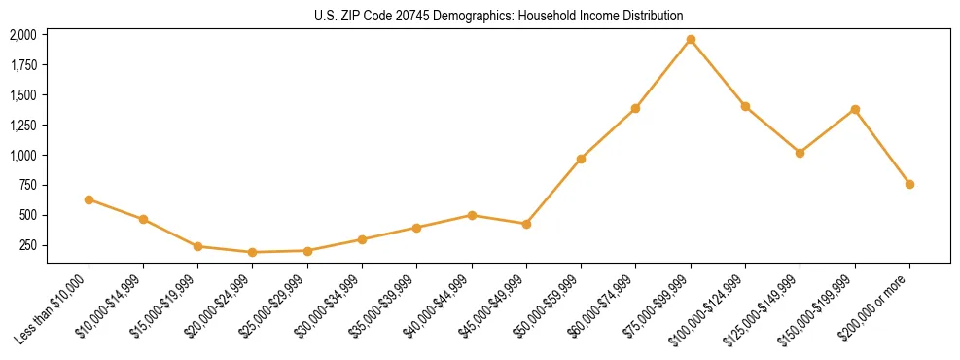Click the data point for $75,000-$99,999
pyautogui.click(x=691, y=40)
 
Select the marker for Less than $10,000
pyautogui.click(x=89, y=199)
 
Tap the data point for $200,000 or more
pyautogui.click(x=909, y=184)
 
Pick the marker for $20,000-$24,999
pyautogui.click(x=253, y=252)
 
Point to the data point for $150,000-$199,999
pyautogui.click(x=855, y=109)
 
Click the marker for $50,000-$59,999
pyautogui.click(x=581, y=159)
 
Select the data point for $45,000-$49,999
pyautogui.click(x=526, y=224)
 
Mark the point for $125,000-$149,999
pyautogui.click(x=800, y=153)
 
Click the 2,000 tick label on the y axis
pyautogui.click(x=23, y=35)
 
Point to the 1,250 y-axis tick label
pyautogui.click(x=23, y=126)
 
